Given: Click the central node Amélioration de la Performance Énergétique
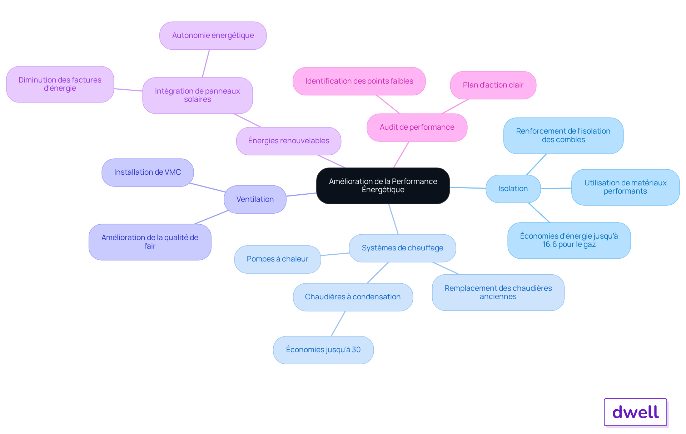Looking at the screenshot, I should tap(383, 186).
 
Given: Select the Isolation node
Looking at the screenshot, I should tap(513, 189).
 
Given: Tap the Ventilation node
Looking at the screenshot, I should tap(255, 199).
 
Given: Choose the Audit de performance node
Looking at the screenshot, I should tap(417, 127).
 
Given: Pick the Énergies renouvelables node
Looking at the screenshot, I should tap(288, 141).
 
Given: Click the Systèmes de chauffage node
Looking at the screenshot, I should tap(402, 248).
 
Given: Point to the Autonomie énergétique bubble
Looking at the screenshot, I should tap(213, 35).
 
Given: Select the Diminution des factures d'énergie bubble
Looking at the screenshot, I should tap(60, 84).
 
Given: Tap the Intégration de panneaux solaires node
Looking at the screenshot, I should tap(197, 95).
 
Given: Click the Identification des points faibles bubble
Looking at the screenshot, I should tap(359, 81).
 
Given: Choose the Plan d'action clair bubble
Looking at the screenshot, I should tap(493, 85).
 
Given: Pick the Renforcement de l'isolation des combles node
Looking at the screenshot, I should tap(563, 135).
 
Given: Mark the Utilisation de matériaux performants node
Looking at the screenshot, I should tap(625, 187).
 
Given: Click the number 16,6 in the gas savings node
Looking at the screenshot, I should tap(550, 245).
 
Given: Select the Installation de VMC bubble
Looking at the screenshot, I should tap(148, 172).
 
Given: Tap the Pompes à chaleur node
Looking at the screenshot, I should tap(277, 259).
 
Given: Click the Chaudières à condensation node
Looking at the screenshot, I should tap(353, 297).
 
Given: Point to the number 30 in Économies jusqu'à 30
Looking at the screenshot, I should tap(356, 350).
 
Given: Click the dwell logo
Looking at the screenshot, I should tap(635, 412).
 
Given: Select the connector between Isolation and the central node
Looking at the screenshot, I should tap(468, 188).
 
